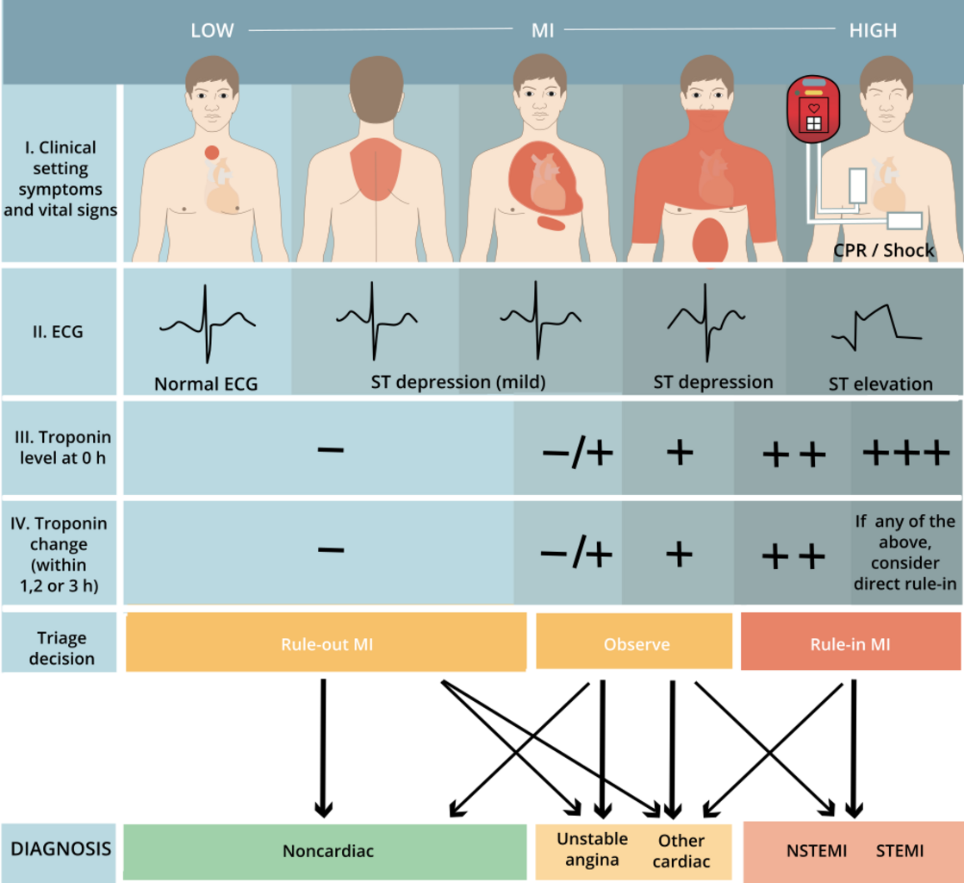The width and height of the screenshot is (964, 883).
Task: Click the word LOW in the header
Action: click(x=212, y=30)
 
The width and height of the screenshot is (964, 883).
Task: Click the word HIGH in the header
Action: click(x=873, y=30)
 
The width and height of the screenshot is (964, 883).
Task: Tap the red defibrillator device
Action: click(x=812, y=110)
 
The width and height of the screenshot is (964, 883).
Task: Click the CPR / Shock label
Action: click(x=884, y=251)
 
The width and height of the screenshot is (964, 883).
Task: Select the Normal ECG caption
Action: click(x=206, y=384)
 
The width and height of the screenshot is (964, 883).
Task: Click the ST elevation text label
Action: click(x=880, y=384)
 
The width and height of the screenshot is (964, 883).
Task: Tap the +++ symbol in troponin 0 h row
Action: click(x=905, y=453)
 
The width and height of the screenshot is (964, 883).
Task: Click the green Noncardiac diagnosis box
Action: click(x=327, y=851)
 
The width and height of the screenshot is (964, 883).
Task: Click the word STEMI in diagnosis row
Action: click(x=899, y=851)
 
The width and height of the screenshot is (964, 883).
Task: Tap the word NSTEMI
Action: click(x=816, y=851)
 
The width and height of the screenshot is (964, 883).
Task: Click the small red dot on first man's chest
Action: click(x=211, y=153)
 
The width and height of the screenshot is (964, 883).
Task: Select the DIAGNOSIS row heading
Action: click(x=60, y=849)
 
